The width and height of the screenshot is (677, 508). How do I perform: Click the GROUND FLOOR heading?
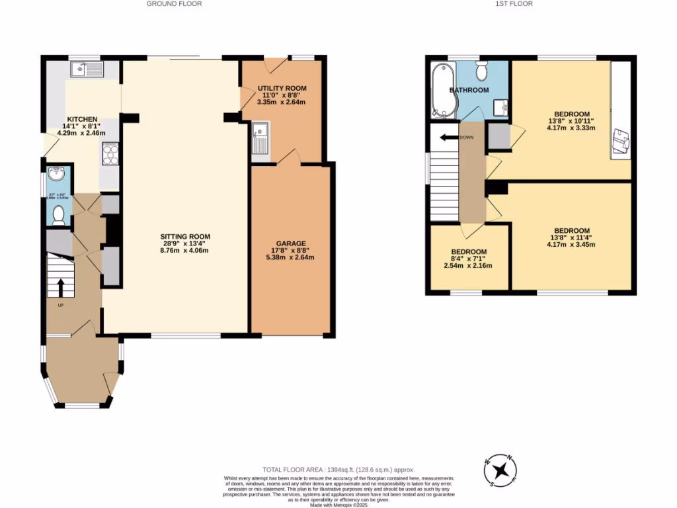coord(174,4)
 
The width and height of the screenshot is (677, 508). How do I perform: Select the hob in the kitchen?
coord(110,153)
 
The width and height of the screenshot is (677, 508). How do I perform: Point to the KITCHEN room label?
coord(81,118)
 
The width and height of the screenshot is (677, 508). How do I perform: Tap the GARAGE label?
coord(291,243)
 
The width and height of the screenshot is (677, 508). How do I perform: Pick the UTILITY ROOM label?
coord(282,88)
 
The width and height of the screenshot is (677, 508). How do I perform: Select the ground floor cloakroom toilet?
coord(58,214)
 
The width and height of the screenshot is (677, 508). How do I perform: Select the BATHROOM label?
coord(469,90)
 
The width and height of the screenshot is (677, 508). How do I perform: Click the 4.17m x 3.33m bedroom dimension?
coord(571,128)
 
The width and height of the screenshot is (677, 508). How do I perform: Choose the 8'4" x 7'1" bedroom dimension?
coord(469,259)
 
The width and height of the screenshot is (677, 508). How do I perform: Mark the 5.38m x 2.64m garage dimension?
coord(291,258)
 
